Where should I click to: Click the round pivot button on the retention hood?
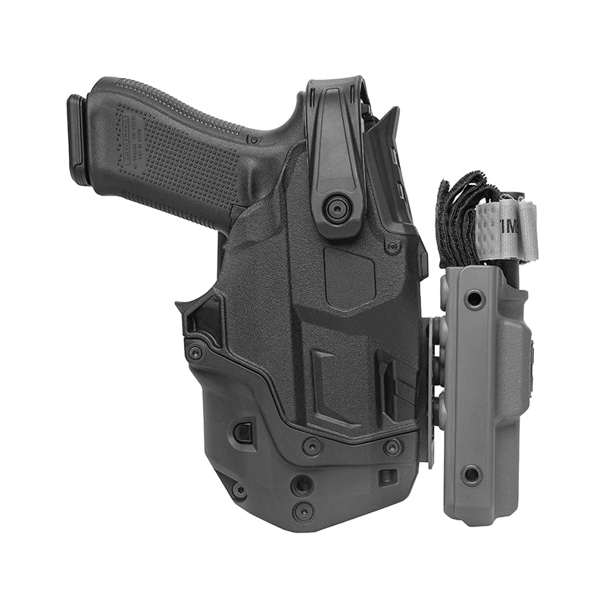pyautogui.click(x=336, y=208)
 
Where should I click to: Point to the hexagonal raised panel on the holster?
pyautogui.click(x=349, y=277)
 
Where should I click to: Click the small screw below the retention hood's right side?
pyautogui.click(x=392, y=246)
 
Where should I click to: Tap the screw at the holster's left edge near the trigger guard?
pyautogui.click(x=195, y=352)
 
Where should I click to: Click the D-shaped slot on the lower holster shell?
pyautogui.click(x=242, y=433)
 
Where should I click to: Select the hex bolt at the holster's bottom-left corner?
pyautogui.click(x=239, y=491)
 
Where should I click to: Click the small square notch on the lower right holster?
pyautogui.click(x=387, y=477)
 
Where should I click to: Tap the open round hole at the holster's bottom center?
pyautogui.click(x=302, y=485)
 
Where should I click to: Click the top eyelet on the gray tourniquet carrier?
pyautogui.click(x=474, y=300)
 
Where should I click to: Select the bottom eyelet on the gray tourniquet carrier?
pyautogui.click(x=471, y=475)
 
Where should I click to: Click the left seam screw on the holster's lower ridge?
pyautogui.click(x=311, y=446)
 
